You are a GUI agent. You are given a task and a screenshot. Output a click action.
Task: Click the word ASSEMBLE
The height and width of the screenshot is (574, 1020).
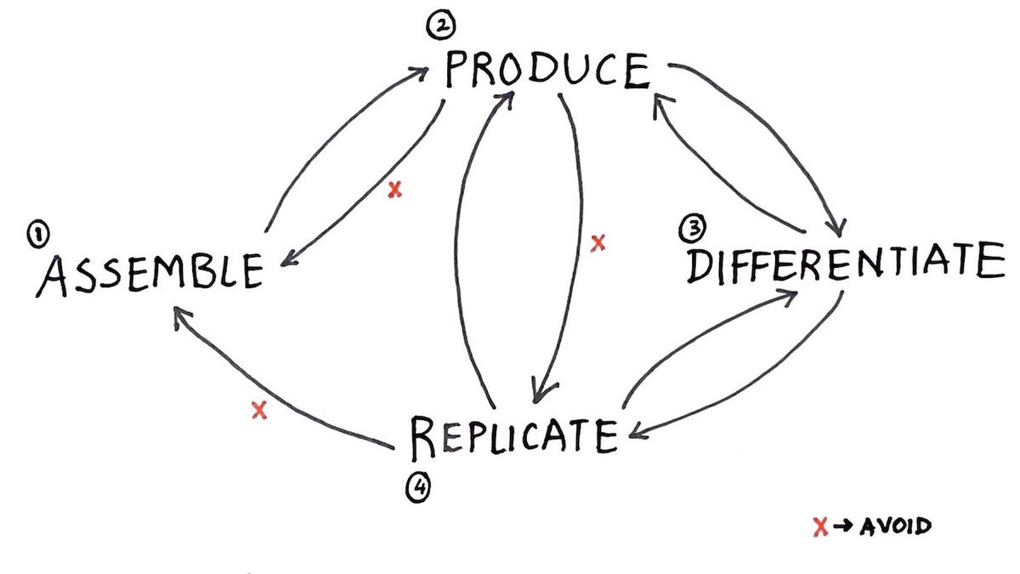click(x=149, y=273)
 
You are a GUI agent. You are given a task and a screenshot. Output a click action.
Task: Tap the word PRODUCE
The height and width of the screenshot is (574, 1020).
click(x=547, y=71)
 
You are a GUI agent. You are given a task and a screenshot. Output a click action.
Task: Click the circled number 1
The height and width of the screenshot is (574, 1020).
click(x=39, y=234)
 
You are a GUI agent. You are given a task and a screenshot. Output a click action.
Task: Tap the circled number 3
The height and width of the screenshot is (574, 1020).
click(x=693, y=228)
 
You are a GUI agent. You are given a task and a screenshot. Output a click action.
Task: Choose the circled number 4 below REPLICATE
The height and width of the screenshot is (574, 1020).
click(x=418, y=487)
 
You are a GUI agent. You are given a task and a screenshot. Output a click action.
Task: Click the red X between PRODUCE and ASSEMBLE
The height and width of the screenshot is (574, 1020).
click(x=394, y=190)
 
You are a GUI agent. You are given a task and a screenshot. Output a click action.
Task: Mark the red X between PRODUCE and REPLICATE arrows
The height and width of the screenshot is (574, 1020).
click(x=598, y=243)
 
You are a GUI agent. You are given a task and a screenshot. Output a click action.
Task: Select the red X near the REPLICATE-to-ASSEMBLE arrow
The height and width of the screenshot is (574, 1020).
click(x=260, y=411)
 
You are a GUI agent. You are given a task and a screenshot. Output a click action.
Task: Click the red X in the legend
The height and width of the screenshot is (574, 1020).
click(x=820, y=528)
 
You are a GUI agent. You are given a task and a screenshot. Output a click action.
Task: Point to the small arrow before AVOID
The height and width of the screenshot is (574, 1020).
click(x=842, y=528)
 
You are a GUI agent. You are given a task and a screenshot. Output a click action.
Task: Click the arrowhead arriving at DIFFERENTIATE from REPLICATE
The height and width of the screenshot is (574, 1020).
click(x=790, y=293)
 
